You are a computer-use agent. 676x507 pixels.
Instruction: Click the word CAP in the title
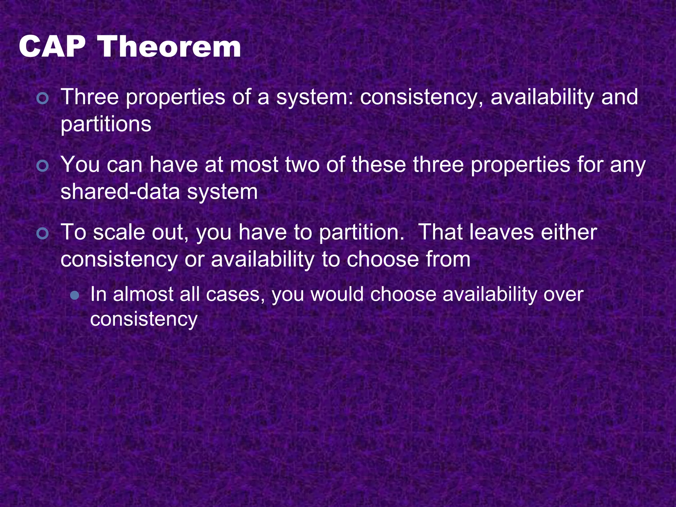pos(52,47)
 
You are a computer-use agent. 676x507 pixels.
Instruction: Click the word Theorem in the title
pos(170,47)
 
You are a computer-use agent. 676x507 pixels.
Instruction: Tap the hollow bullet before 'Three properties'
pos(43,98)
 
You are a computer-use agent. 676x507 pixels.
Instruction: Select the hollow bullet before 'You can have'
pos(43,166)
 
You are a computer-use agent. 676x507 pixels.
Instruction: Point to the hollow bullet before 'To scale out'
pos(43,234)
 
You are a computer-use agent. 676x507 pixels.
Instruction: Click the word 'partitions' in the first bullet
pos(106,125)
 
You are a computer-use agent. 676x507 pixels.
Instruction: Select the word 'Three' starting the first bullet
pos(89,97)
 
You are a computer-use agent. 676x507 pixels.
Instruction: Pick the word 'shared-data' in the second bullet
pos(120,192)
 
